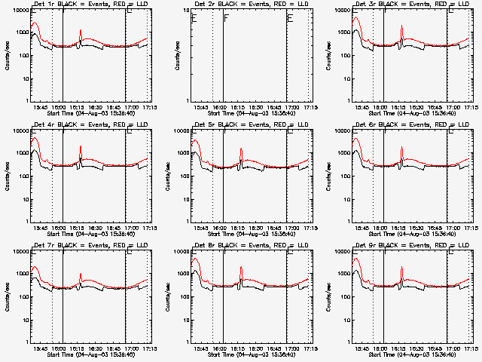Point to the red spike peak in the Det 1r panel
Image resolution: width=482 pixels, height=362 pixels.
pyautogui.click(x=81, y=31)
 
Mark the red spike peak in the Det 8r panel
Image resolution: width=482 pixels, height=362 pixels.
pyautogui.click(x=241, y=267)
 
